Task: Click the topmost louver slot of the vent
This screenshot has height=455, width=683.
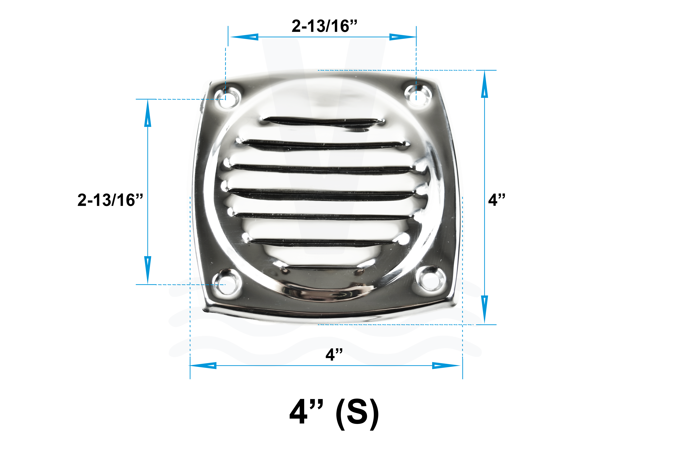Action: (x=322, y=121)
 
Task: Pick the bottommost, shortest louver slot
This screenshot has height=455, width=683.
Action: (x=322, y=269)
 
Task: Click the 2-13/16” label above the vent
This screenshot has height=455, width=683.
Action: (x=324, y=26)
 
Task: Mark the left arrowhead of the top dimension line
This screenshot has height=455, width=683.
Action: (x=244, y=37)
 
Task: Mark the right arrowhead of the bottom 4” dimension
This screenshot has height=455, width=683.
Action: (x=446, y=365)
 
